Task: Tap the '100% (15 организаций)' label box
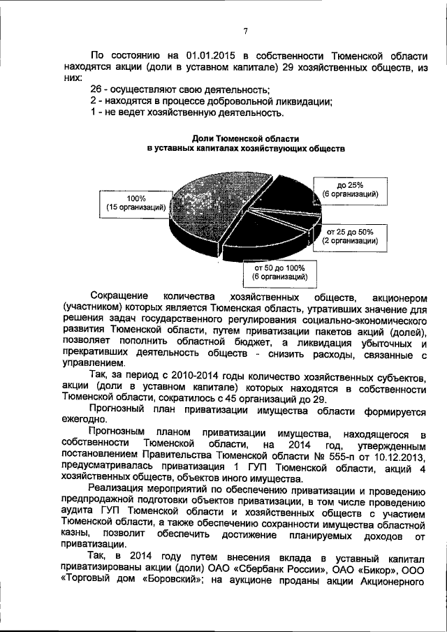[x=135, y=203]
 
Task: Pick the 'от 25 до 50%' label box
[x=350, y=236]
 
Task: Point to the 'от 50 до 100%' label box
[x=280, y=272]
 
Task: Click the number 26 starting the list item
[x=98, y=90]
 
